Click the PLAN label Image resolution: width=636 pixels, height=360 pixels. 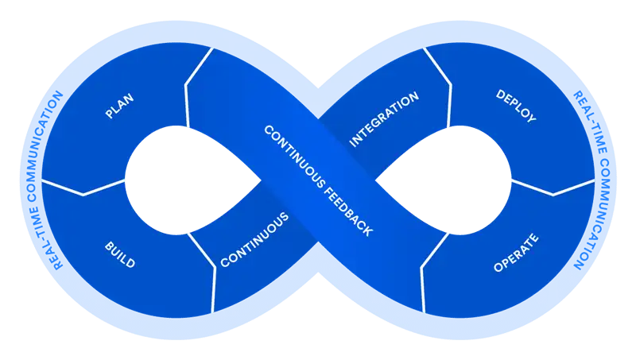click(119, 106)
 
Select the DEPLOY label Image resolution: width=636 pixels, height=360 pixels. click(515, 106)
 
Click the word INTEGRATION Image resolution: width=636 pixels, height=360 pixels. click(384, 120)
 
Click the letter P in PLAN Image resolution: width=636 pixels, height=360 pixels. click(108, 116)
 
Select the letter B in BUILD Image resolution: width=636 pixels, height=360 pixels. click(109, 244)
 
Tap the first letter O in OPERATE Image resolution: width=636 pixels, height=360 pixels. click(498, 269)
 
